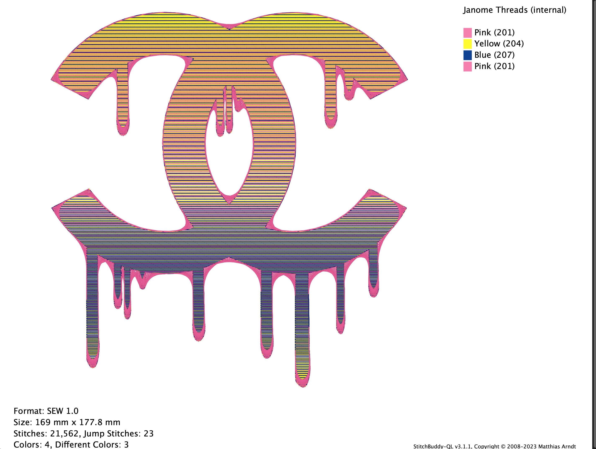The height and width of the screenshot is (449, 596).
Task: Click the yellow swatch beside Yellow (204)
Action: (468, 44)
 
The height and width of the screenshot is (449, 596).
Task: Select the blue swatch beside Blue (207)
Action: (468, 55)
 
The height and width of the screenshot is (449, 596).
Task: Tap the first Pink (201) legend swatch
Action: (468, 33)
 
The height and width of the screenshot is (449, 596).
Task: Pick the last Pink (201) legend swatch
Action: (468, 66)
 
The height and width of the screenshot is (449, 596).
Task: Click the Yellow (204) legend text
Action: (499, 44)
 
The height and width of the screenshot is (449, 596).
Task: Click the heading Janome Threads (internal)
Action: (514, 10)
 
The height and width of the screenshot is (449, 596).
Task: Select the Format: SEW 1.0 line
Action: (46, 411)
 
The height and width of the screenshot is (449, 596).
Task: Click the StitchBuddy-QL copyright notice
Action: (495, 446)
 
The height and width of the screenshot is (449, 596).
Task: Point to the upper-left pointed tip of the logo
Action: (52, 80)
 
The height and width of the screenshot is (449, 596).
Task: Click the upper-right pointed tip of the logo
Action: (407, 80)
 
